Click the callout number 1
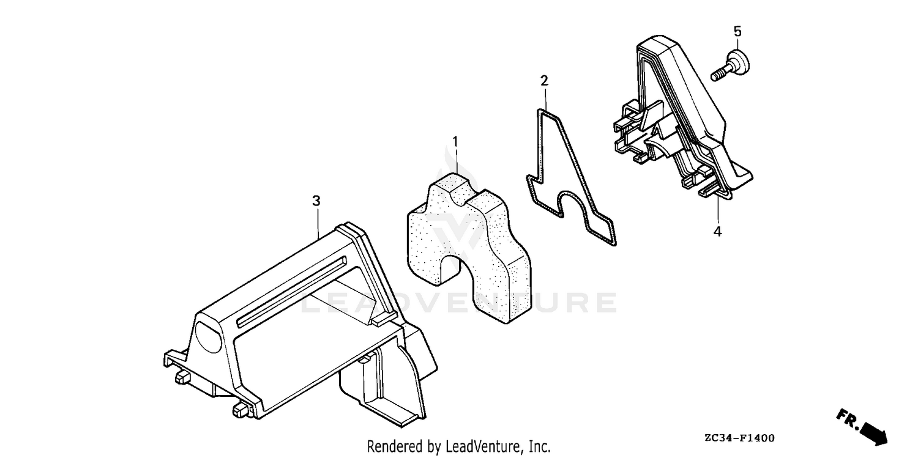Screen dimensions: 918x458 pos(455,142)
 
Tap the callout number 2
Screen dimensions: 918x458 pos(544,81)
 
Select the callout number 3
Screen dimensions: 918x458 pos(316,201)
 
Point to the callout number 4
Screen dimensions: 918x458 pos(717,232)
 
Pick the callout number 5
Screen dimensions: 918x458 pos(737,31)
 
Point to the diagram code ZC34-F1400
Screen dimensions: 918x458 pos(740,438)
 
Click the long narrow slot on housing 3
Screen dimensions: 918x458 pos(291,292)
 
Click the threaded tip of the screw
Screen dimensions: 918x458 pos(717,76)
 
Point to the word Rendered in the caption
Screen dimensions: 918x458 pos(394,446)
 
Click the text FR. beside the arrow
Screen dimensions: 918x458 pos(848,419)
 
